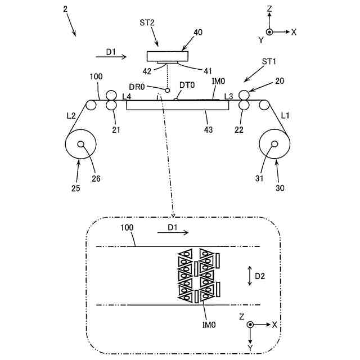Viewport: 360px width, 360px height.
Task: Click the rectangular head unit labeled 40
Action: [x=166, y=56]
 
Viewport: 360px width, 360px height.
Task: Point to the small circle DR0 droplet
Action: [x=167, y=90]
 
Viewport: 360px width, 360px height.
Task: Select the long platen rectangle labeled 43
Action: [x=178, y=105]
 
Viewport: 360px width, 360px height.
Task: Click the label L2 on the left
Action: [x=69, y=115]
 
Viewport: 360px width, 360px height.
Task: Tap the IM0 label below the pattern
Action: [x=210, y=324]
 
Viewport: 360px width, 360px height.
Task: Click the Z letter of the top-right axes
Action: [x=270, y=10]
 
